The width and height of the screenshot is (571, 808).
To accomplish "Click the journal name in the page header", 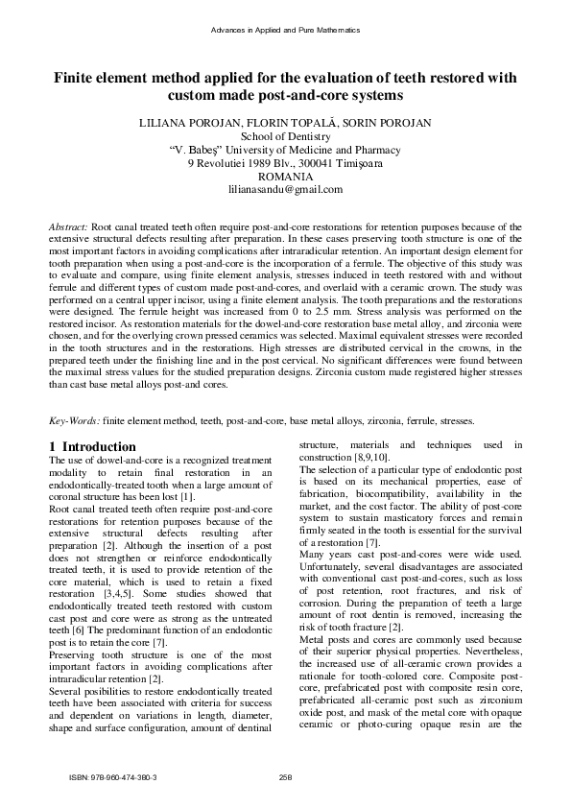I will pos(285,31).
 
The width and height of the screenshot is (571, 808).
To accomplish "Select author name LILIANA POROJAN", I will pos(180,123).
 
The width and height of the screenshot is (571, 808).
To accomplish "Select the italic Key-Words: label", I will pos(74,420).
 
